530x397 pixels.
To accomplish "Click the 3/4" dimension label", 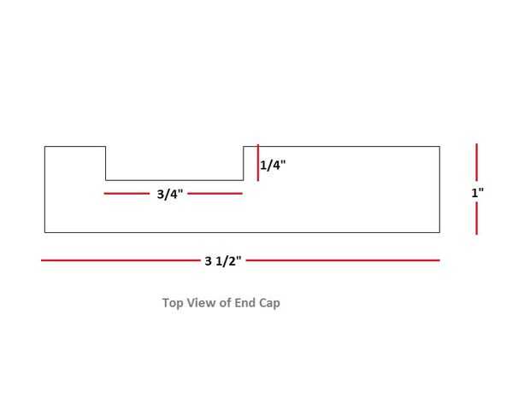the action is pyautogui.click(x=169, y=194).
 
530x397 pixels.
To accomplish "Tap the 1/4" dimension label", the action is pyautogui.click(x=273, y=166).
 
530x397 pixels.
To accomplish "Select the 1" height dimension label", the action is pyautogui.click(x=477, y=193).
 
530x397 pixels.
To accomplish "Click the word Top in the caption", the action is pyautogui.click(x=171, y=302).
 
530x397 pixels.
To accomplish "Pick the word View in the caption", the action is pyautogui.click(x=198, y=302).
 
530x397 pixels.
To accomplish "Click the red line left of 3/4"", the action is pyautogui.click(x=127, y=194).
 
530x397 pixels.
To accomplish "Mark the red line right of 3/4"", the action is pyautogui.click(x=215, y=194).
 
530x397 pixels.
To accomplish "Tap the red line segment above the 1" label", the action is pyautogui.click(x=476, y=162).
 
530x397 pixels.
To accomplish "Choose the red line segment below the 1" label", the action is pyautogui.click(x=476, y=219).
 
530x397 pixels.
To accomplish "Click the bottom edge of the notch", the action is pyautogui.click(x=174, y=180).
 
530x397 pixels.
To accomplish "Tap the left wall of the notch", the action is pyautogui.click(x=106, y=163).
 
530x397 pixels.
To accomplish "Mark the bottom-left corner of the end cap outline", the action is pyautogui.click(x=45, y=231).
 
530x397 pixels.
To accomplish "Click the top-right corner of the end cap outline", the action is pyautogui.click(x=439, y=147).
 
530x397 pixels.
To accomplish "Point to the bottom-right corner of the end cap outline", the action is pyautogui.click(x=439, y=231).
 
